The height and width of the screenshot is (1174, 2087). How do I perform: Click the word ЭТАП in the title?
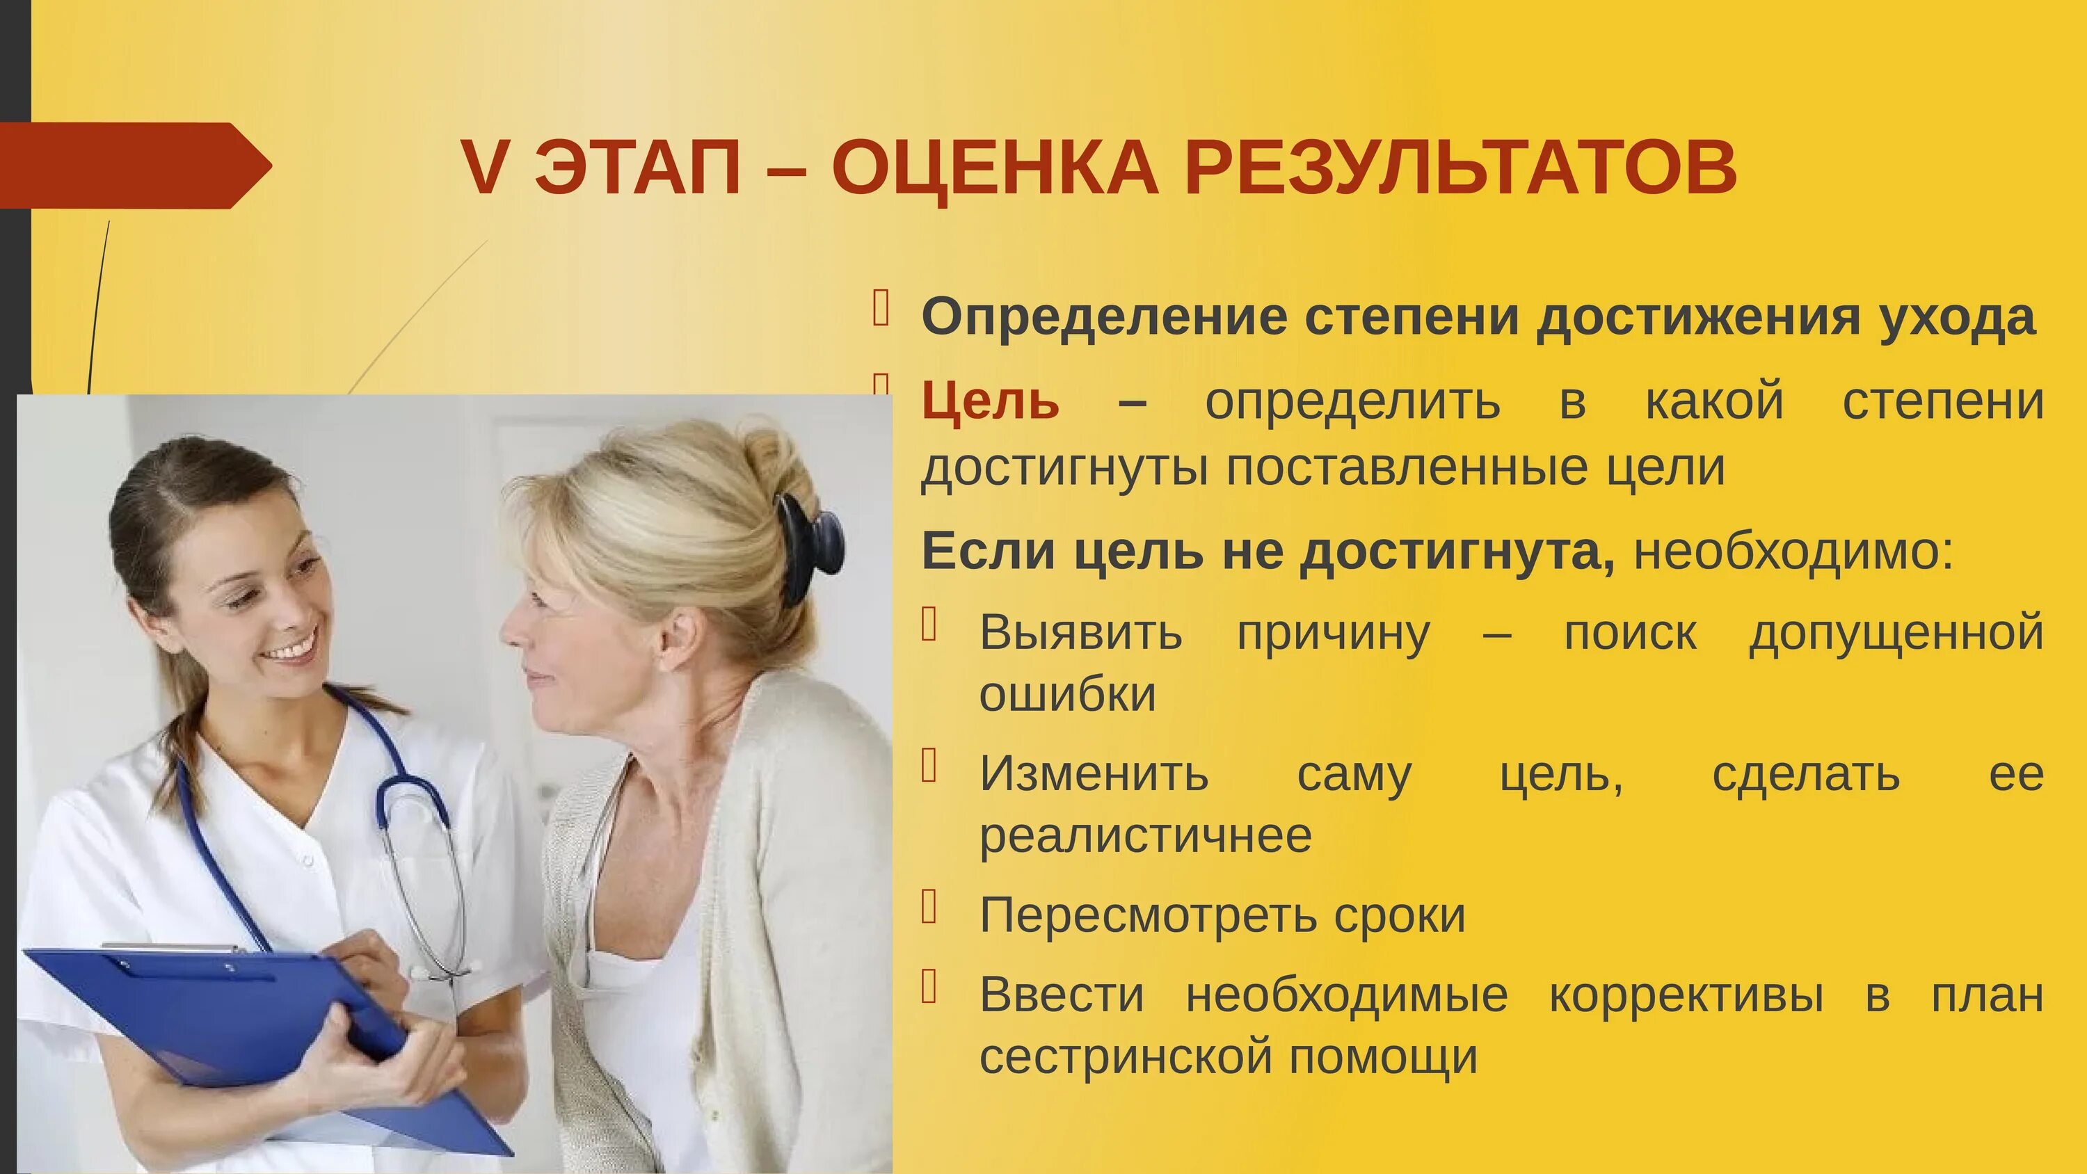[638, 168]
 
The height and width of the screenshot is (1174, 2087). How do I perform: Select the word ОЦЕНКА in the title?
[995, 168]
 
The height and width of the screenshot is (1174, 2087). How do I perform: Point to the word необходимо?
[1793, 552]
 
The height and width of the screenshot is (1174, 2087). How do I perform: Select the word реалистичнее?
[1146, 835]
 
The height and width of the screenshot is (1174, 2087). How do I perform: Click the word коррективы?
[1687, 995]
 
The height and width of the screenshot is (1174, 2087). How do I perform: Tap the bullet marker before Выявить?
[929, 625]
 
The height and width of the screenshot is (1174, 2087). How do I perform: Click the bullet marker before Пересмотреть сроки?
[929, 907]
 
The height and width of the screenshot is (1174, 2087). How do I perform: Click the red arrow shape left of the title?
[129, 166]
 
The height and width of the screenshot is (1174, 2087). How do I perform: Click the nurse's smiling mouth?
[290, 648]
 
